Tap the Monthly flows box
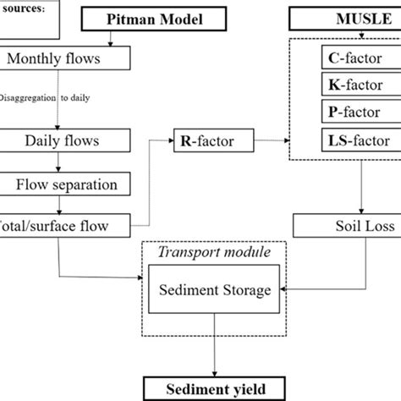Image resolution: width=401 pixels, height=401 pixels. pos(65,58)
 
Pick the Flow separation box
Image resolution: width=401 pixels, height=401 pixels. pos(65,184)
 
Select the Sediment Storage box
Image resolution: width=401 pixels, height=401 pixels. pos(215,291)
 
